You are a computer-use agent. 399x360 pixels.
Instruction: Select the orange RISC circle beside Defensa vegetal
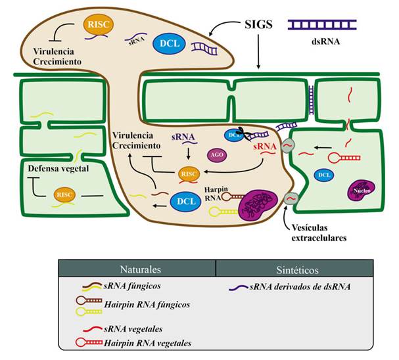pyautogui.click(x=64, y=194)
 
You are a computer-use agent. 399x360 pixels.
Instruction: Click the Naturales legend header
pyautogui.click(x=137, y=269)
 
